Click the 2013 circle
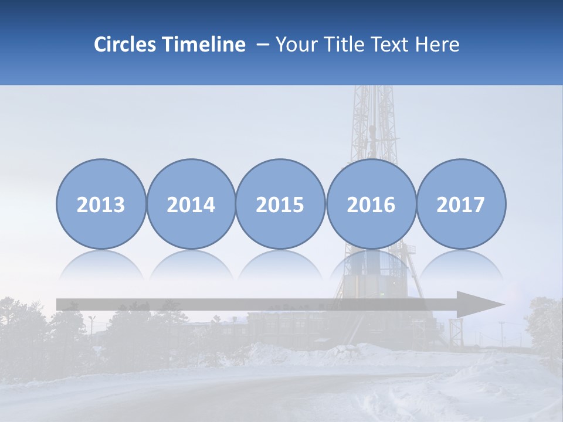(x=101, y=204)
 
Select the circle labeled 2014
(x=191, y=204)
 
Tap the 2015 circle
(x=280, y=204)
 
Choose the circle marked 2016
(x=371, y=204)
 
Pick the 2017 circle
(x=461, y=204)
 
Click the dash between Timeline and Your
(x=262, y=45)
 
